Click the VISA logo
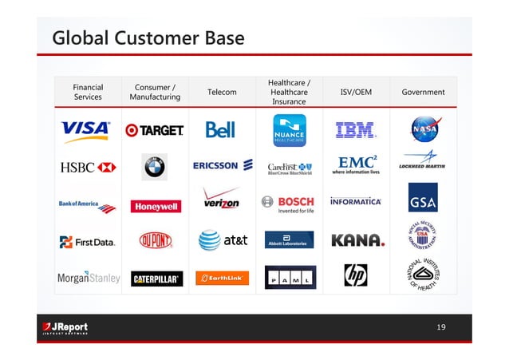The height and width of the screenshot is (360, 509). coord(86,130)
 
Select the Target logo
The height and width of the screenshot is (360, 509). coord(155,130)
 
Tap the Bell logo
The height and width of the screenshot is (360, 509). coord(220,129)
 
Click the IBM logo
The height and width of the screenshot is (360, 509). coord(356,129)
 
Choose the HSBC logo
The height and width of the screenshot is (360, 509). coord(88,167)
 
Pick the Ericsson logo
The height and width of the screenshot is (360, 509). coord(223,165)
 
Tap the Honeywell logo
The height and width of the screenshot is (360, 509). coord(156,206)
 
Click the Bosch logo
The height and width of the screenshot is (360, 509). coord(288,204)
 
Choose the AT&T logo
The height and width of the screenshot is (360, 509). coord(223,239)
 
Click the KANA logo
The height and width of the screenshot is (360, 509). coord(357,240)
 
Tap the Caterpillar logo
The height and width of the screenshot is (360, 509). coord(156,279)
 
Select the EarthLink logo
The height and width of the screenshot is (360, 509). coord(223,278)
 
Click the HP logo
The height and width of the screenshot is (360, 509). coord(355,276)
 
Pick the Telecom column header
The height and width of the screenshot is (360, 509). coord(222,93)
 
